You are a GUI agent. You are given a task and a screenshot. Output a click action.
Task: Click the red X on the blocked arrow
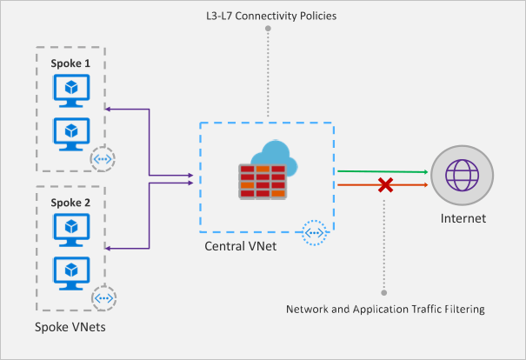(x=383, y=183)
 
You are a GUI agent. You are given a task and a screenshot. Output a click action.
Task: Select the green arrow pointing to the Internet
(x=383, y=172)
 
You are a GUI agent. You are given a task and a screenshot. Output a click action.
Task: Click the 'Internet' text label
(x=463, y=218)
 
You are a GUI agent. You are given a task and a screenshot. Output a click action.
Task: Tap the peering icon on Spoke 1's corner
(x=103, y=160)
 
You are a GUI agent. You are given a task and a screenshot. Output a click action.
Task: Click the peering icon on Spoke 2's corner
(x=103, y=297)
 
